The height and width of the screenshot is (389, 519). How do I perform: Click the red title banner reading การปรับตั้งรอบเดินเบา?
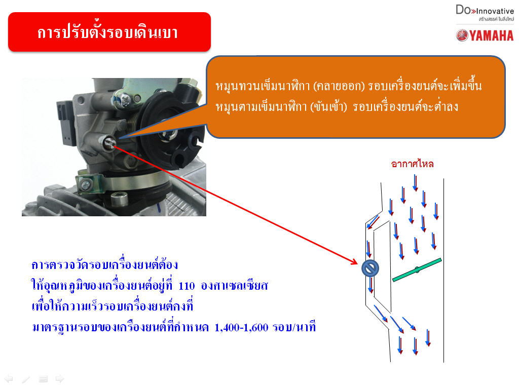(x=109, y=32)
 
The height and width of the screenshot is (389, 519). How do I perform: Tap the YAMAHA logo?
(x=485, y=35)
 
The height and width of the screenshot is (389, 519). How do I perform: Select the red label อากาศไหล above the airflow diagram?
(x=412, y=164)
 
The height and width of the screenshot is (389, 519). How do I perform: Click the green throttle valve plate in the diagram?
(x=417, y=270)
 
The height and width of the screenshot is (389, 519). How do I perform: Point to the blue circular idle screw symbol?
(x=370, y=268)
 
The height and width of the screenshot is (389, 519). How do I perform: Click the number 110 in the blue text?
(x=187, y=286)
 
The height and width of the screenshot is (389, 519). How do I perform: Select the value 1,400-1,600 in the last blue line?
(x=241, y=328)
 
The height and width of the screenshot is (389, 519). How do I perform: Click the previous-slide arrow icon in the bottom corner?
(x=9, y=379)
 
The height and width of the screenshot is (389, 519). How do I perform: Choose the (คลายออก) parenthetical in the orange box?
(x=339, y=86)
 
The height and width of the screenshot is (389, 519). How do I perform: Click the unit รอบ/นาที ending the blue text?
(x=294, y=328)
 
